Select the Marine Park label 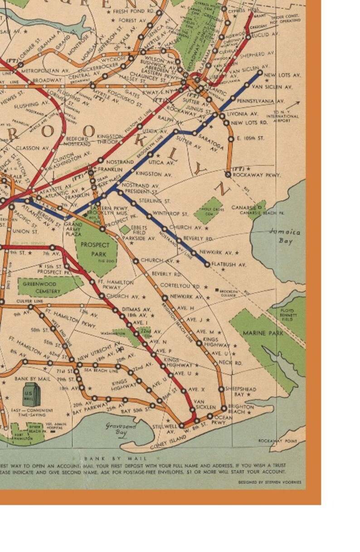[263, 333]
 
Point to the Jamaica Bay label [285, 235]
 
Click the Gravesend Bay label [115, 429]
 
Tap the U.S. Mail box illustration [31, 394]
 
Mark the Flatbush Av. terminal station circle [208, 264]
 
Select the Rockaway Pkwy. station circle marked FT [228, 174]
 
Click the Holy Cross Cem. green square [208, 210]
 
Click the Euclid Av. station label [266, 34]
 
